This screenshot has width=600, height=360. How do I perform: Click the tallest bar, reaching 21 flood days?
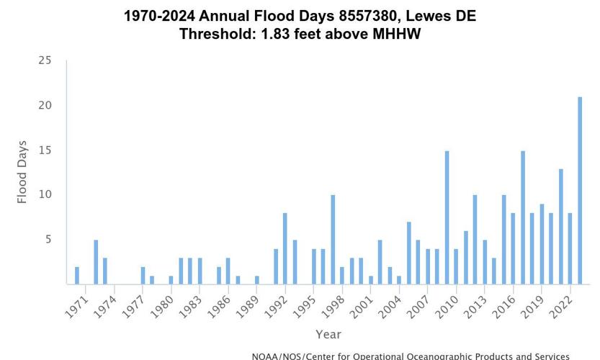pos(580,191)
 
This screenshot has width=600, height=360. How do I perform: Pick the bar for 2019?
pos(542,244)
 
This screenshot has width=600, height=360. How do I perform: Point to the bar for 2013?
pos(485,262)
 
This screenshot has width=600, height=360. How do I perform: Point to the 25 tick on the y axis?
pos(45,60)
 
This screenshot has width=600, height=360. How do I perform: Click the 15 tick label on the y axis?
pos(45,150)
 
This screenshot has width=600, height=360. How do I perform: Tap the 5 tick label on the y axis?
pos(48,240)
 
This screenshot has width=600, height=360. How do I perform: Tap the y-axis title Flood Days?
pos(22,172)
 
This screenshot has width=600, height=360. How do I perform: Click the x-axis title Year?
pos(328,334)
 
